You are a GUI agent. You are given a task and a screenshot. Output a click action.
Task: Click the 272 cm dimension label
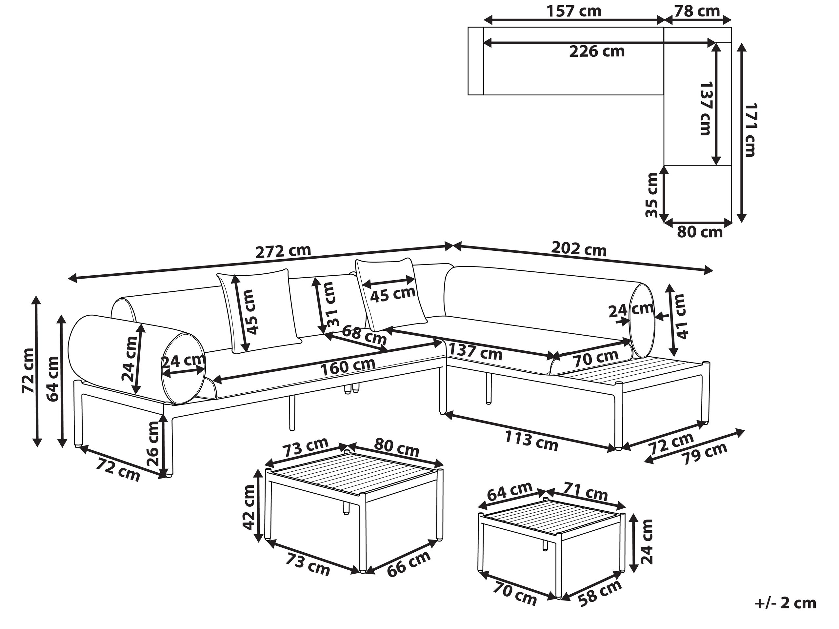pyautogui.click(x=283, y=251)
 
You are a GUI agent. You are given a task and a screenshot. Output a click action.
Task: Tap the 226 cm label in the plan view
pyautogui.click(x=597, y=51)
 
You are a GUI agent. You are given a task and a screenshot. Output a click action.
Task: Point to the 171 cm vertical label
pyautogui.click(x=750, y=130)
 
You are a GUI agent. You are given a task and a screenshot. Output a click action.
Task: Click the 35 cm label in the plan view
pyautogui.click(x=652, y=195)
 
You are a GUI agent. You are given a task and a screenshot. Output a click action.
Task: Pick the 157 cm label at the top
pyautogui.click(x=573, y=11)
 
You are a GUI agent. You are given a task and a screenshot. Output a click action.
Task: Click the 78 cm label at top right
pyautogui.click(x=697, y=11)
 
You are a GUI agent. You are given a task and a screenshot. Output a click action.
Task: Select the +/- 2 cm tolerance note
pyautogui.click(x=785, y=602)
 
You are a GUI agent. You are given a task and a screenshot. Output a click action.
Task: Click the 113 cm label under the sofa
pyautogui.click(x=531, y=441)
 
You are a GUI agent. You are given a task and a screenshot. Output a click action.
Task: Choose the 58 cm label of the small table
pyautogui.click(x=600, y=592)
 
